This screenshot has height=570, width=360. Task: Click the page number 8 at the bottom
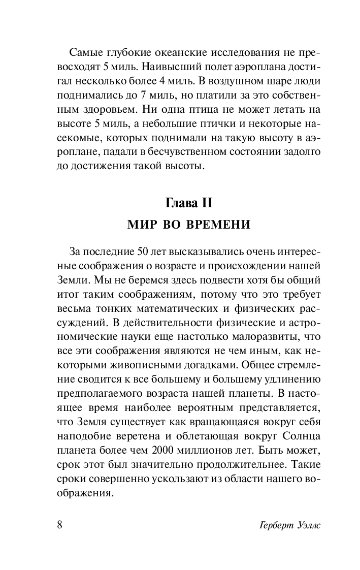[59, 524]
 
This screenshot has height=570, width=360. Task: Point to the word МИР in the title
[144, 225]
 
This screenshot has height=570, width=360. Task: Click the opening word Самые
[85, 53]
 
